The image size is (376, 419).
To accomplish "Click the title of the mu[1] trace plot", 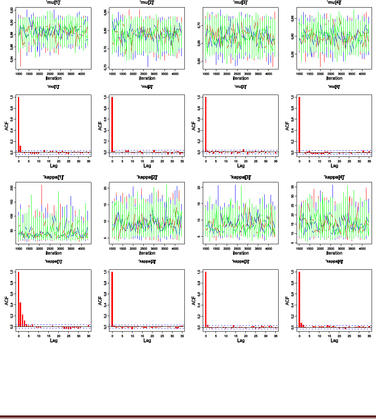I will click(x=54, y=2).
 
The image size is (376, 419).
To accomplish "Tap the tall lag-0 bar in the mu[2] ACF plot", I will click(x=112, y=125).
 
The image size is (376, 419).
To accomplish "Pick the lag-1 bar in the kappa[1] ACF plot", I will click(x=20, y=314).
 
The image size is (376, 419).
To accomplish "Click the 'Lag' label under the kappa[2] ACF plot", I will click(x=147, y=340).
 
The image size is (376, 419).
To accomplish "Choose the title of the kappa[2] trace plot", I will click(x=147, y=177).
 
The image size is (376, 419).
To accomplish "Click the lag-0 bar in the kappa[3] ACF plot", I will click(x=206, y=299).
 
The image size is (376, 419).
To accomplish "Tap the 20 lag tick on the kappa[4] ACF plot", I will click(x=339, y=336).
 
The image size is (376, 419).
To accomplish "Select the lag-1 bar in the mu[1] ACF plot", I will click(x=20, y=149).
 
